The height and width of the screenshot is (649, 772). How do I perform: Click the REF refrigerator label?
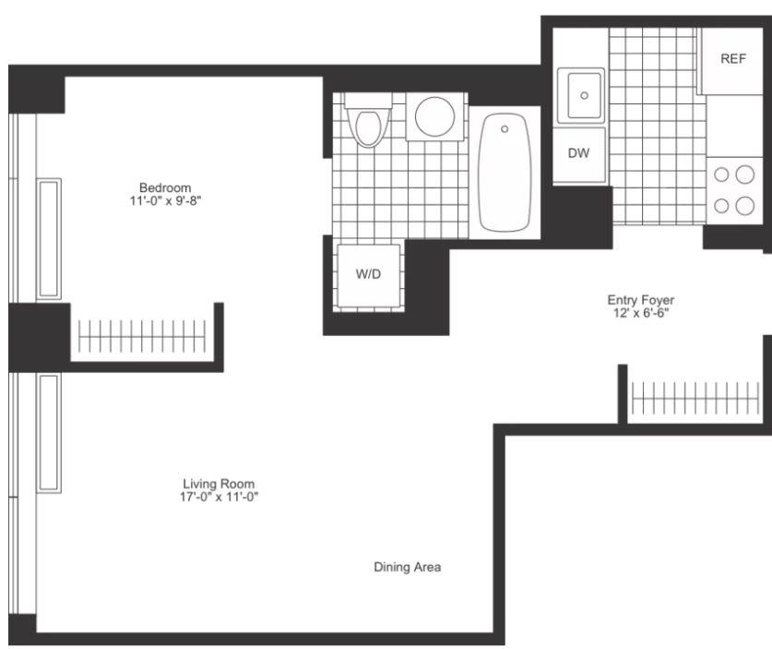pyautogui.click(x=733, y=59)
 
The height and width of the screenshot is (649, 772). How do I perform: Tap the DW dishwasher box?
pyautogui.click(x=579, y=155)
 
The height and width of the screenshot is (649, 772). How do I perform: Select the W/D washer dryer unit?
pyautogui.click(x=368, y=275)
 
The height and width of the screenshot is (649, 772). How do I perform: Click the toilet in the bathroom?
pyautogui.click(x=368, y=120)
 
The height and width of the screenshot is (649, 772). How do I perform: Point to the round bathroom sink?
pyautogui.click(x=434, y=116)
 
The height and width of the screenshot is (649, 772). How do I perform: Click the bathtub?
pyautogui.click(x=505, y=173)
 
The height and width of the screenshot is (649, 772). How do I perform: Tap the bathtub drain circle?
pyautogui.click(x=505, y=129)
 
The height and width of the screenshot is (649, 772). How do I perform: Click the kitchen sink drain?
pyautogui.click(x=585, y=96)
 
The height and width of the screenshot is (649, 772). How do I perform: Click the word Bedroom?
pyautogui.click(x=165, y=187)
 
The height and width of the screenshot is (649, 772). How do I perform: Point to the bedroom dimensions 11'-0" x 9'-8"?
pyautogui.click(x=165, y=201)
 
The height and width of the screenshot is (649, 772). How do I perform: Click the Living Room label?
pyautogui.click(x=219, y=484)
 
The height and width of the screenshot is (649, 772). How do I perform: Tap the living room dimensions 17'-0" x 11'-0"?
pyautogui.click(x=219, y=497)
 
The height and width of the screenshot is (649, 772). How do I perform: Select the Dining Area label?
pyautogui.click(x=407, y=567)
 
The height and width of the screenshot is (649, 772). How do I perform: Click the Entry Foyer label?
pyautogui.click(x=640, y=300)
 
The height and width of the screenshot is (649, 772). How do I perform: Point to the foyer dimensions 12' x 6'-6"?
pyautogui.click(x=640, y=313)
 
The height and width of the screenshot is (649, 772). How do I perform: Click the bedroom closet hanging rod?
pyautogui.click(x=142, y=337)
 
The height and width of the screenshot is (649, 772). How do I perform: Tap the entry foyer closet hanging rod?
pyautogui.click(x=695, y=398)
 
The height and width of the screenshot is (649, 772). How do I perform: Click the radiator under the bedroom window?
pyautogui.click(x=49, y=239)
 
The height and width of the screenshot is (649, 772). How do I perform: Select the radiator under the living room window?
pyautogui.click(x=49, y=433)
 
